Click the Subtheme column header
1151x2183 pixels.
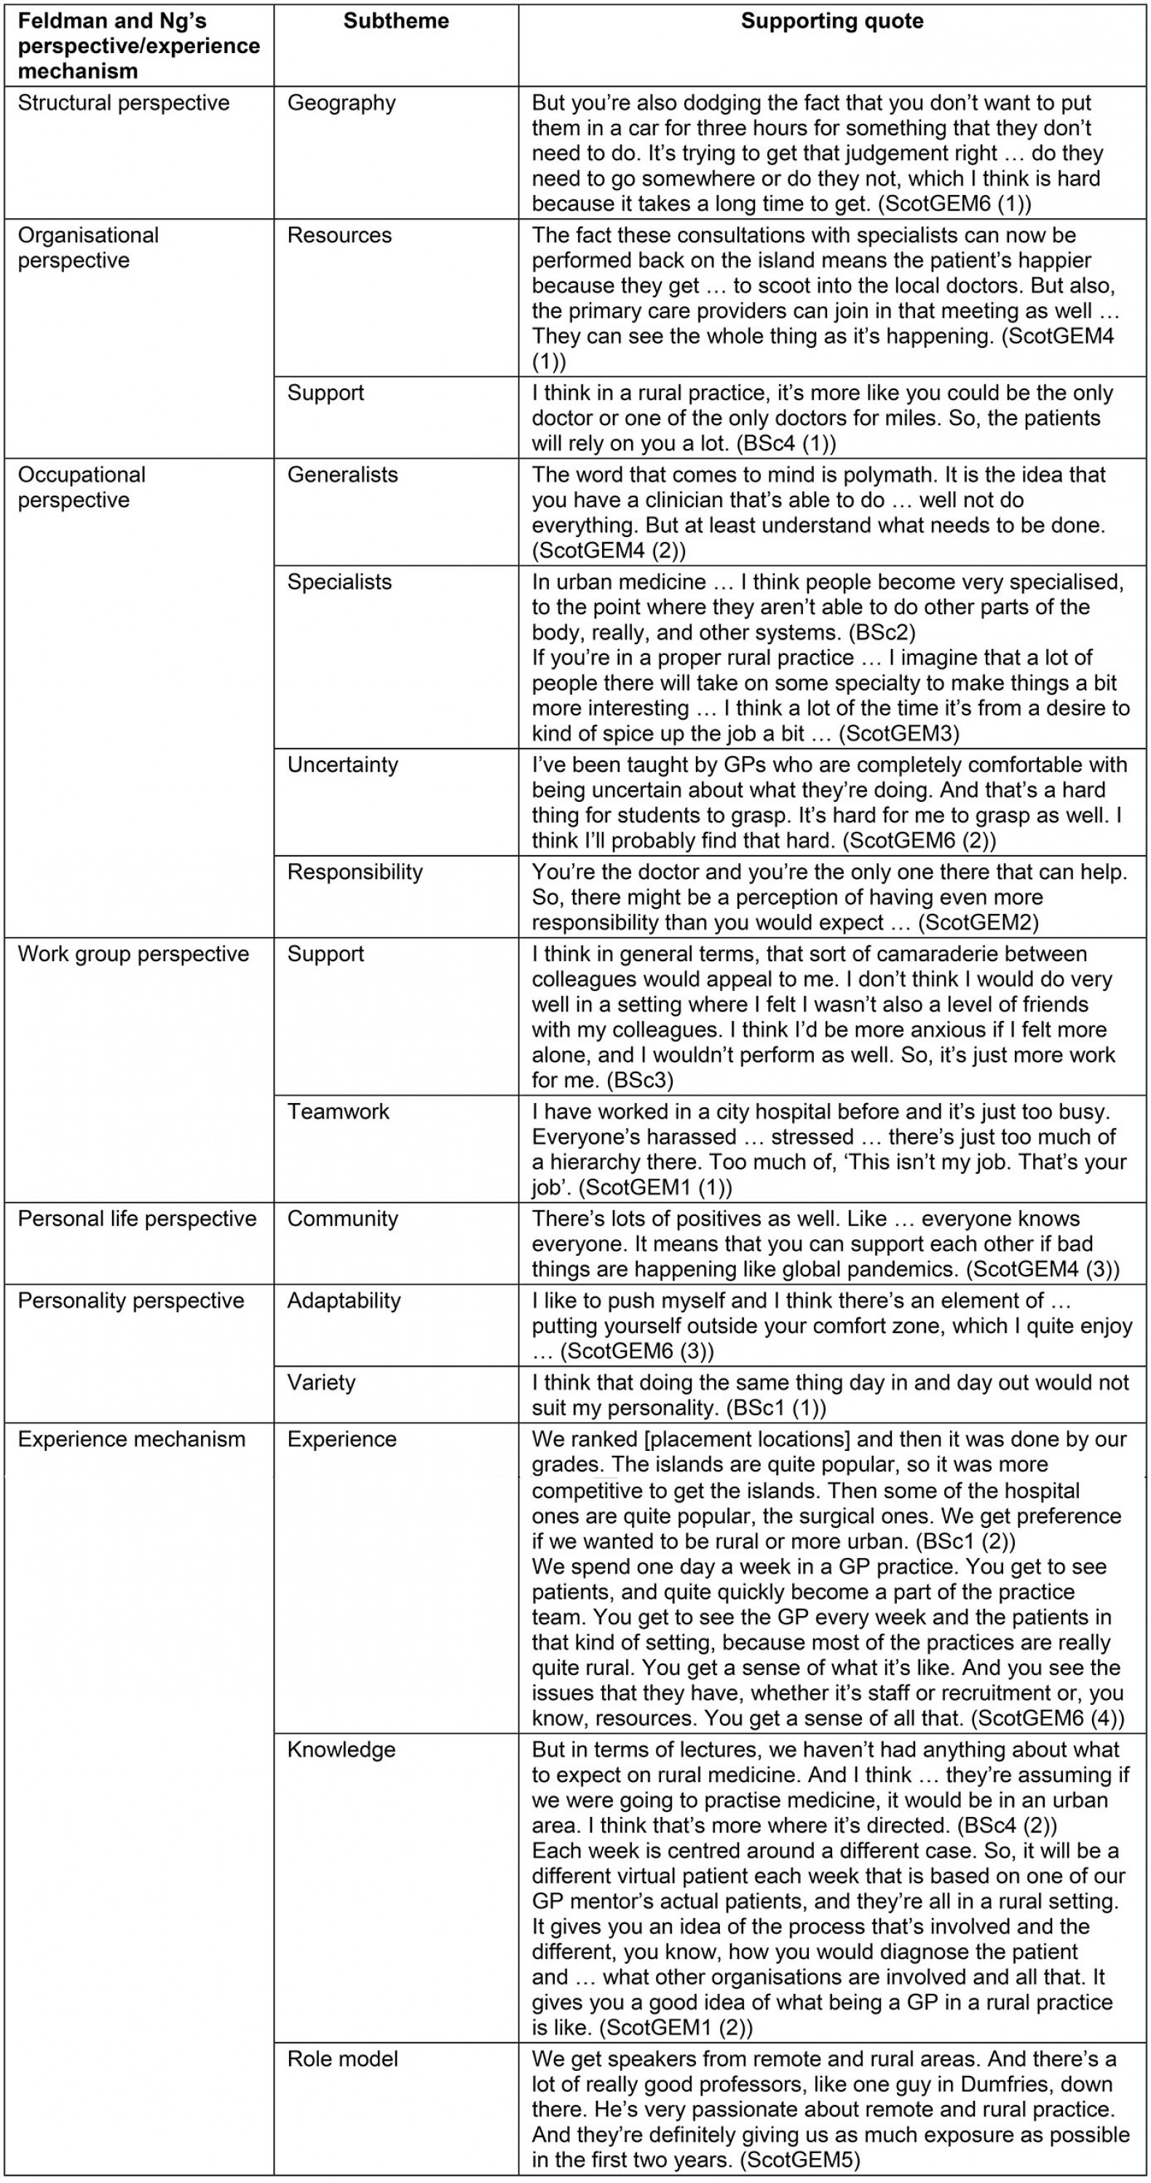pyautogui.click(x=396, y=21)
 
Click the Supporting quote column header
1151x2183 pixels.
pyautogui.click(x=831, y=21)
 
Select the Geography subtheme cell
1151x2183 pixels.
pyautogui.click(x=341, y=103)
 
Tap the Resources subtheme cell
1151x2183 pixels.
pyautogui.click(x=339, y=236)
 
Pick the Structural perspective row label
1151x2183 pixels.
pyautogui.click(x=124, y=103)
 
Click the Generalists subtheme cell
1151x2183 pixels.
pyautogui.click(x=342, y=474)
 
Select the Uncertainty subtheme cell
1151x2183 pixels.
pyautogui.click(x=342, y=764)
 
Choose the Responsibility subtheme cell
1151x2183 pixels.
pyautogui.click(x=355, y=872)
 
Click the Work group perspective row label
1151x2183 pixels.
pyautogui.click(x=133, y=954)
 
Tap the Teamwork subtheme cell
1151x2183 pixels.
pyautogui.click(x=339, y=1112)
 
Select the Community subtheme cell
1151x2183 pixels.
pyautogui.click(x=342, y=1219)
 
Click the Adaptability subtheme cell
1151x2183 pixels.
pyautogui.click(x=344, y=1301)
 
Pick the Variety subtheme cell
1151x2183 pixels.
pyautogui.click(x=321, y=1383)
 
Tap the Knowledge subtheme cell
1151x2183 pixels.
pyautogui.click(x=341, y=1750)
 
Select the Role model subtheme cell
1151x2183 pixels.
pyautogui.click(x=342, y=2059)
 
